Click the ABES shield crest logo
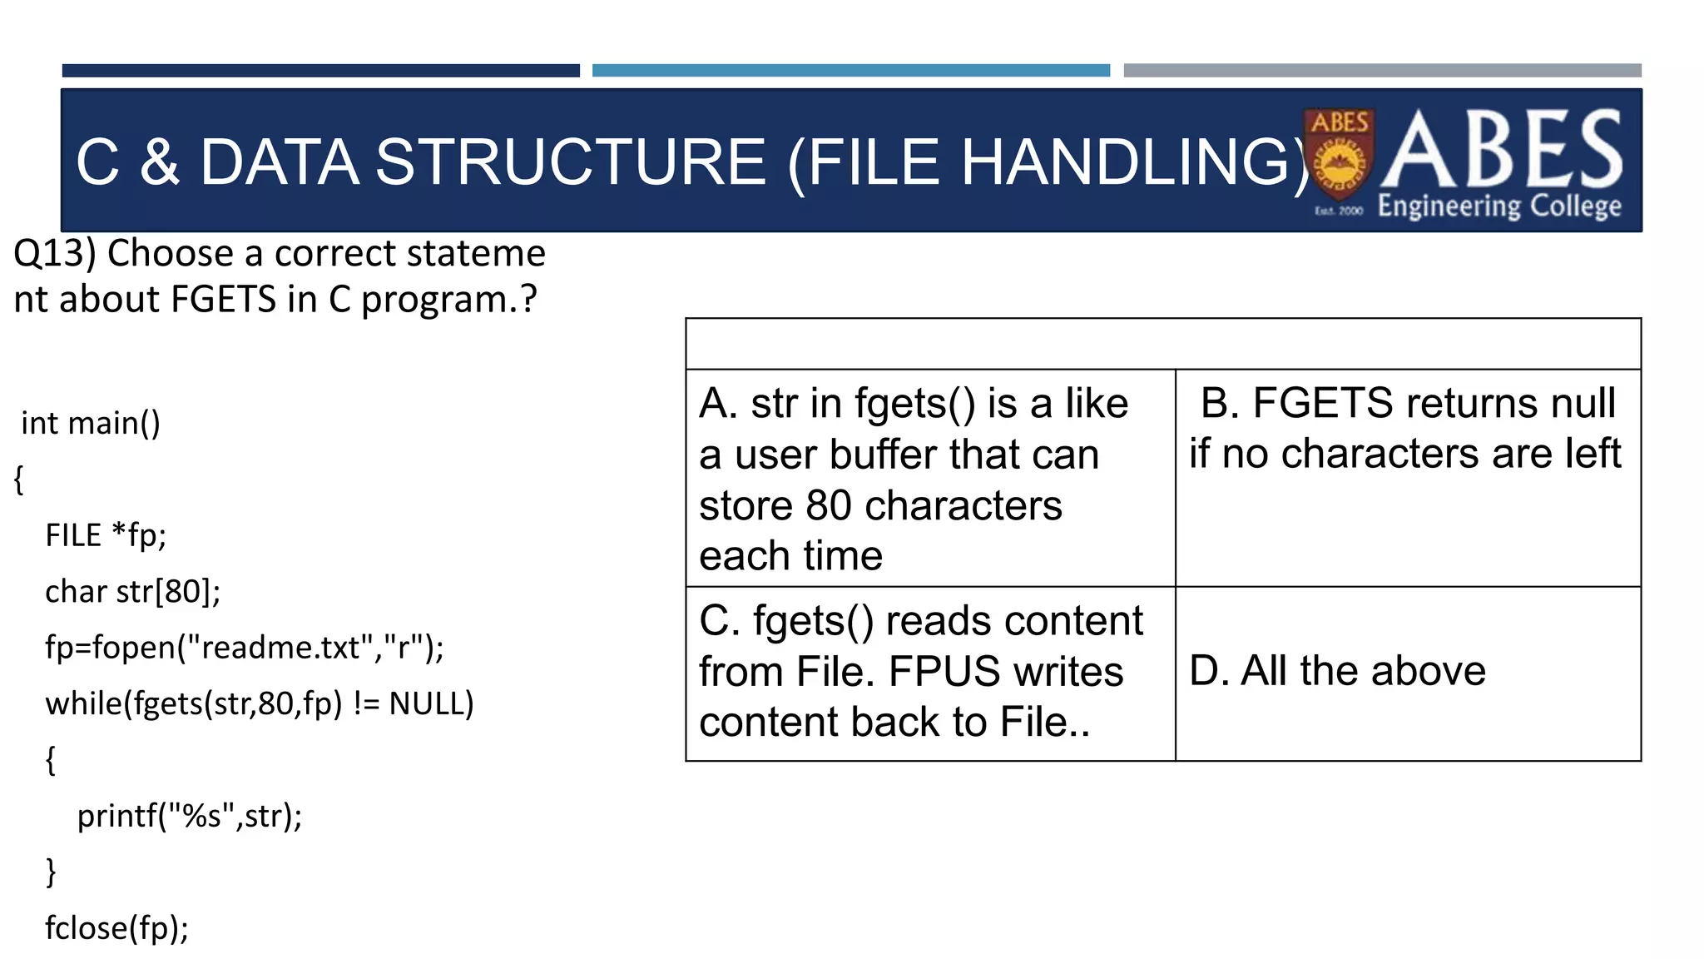1339,155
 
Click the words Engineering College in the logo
1499,206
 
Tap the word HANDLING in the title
1126,161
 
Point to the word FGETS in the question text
222,299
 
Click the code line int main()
90,423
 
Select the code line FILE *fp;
106,534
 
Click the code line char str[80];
133,591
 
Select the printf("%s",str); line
190,816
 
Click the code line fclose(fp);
116,927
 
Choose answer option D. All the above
1337,671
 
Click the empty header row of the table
1162,344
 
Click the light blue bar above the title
850,71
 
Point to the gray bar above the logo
1382,71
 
